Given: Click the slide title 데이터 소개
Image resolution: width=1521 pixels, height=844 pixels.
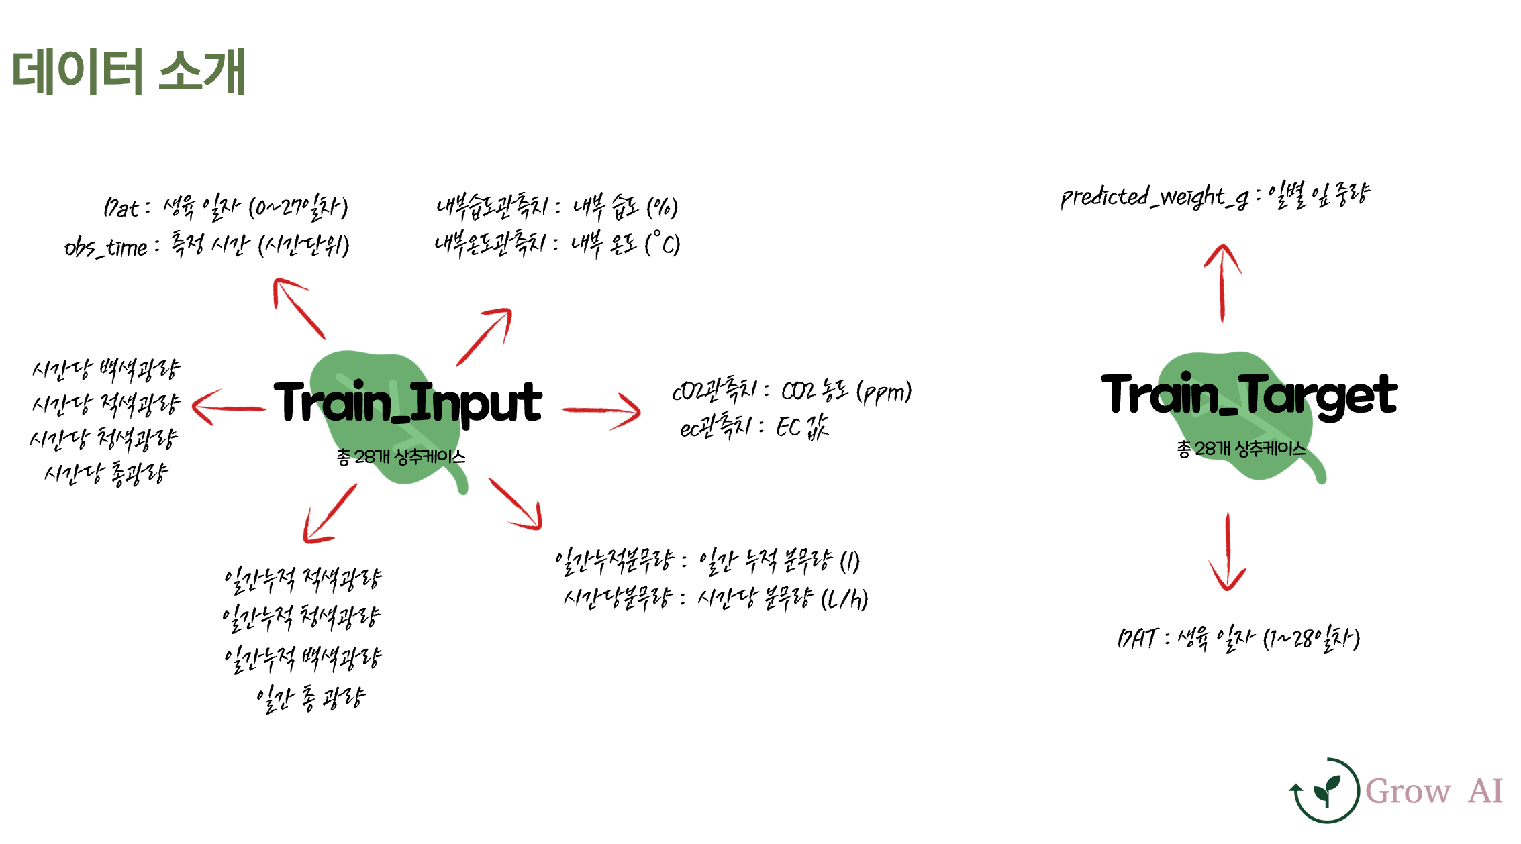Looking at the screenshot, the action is coord(129,71).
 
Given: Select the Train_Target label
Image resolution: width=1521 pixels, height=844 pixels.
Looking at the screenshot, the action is coord(1249,394).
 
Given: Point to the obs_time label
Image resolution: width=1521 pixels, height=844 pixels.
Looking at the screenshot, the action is coord(105,248).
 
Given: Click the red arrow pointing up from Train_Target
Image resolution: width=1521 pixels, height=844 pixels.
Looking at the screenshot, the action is coord(1223,282).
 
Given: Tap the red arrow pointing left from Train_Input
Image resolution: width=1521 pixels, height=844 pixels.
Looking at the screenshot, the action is coord(228,407).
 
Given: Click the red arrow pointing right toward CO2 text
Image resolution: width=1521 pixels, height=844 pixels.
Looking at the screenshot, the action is coord(601,410).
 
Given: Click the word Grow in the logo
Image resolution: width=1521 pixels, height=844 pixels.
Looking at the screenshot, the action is coord(1408,791).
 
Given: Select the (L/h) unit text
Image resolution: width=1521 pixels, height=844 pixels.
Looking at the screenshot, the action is coord(844,598).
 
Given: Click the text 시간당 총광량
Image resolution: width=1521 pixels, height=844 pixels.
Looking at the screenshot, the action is coord(106,474).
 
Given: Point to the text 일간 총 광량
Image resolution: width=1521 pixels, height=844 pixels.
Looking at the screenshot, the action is coord(310,698).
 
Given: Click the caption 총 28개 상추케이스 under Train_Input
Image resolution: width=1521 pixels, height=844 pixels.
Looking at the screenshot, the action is coord(401,457).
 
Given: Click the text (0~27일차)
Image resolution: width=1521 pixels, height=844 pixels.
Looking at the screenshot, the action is coord(298,207).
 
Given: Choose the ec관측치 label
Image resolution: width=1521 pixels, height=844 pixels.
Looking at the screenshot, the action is coord(716,427).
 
